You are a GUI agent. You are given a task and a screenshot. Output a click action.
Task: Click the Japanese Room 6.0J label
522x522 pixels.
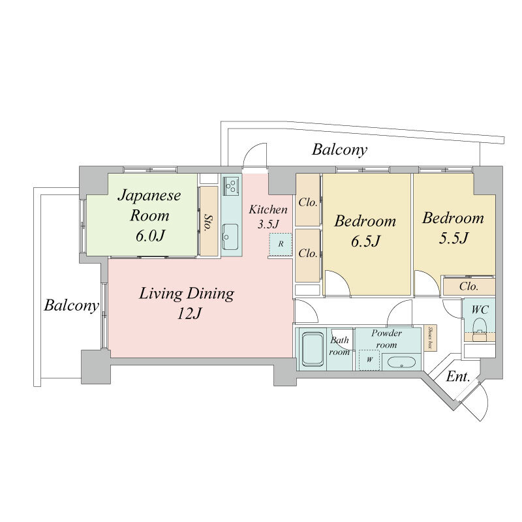coord(149,215)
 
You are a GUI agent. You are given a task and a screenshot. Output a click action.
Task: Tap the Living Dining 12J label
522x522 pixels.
coord(187,303)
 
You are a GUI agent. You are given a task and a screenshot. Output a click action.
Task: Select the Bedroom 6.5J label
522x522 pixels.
coord(365,231)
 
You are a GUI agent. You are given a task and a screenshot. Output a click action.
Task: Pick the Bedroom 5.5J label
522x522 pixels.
coord(453,228)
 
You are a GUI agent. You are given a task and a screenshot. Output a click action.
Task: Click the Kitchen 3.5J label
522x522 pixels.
coord(268,217)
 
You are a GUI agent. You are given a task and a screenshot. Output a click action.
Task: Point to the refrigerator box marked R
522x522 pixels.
coord(281,244)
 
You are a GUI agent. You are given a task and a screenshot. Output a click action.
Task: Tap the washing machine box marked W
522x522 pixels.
coord(369,360)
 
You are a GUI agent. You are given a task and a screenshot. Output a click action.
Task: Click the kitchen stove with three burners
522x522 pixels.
coord(232,186)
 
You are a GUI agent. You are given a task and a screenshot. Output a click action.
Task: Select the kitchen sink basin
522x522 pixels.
coord(230,237)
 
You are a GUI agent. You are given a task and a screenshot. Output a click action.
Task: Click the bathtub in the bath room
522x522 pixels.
coord(313,350)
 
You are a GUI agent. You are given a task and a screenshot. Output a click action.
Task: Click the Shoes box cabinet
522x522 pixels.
coord(430,338)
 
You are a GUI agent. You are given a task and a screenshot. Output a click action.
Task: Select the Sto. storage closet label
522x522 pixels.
coord(208,223)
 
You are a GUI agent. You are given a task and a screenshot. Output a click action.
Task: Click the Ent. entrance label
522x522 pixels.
coord(458,376)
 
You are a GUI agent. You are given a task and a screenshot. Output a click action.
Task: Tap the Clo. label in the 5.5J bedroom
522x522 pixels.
coord(468,286)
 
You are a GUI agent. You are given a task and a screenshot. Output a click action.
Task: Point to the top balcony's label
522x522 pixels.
coord(339,150)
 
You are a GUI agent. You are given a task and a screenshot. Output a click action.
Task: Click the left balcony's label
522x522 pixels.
coord(71,305)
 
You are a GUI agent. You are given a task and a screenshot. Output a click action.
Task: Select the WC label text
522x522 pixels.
coord(480,309)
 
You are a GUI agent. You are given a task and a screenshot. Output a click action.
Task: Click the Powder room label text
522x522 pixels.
coord(386,339)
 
